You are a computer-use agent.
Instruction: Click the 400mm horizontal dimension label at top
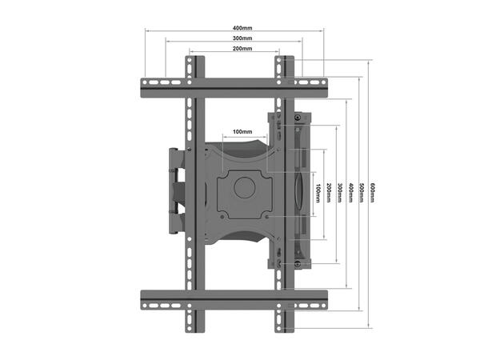click(x=236, y=28)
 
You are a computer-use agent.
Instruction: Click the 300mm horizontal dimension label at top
click(x=236, y=38)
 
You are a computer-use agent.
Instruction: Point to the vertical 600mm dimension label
click(x=372, y=193)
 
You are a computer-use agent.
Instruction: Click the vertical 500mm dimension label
click(x=362, y=193)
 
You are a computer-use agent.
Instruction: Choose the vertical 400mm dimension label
click(x=351, y=193)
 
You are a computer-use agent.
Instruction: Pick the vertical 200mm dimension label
click(x=329, y=193)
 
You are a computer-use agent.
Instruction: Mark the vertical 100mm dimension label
click(x=318, y=193)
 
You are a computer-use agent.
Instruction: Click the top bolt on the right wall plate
click(x=298, y=118)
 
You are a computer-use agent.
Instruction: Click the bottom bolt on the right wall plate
click(x=298, y=264)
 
